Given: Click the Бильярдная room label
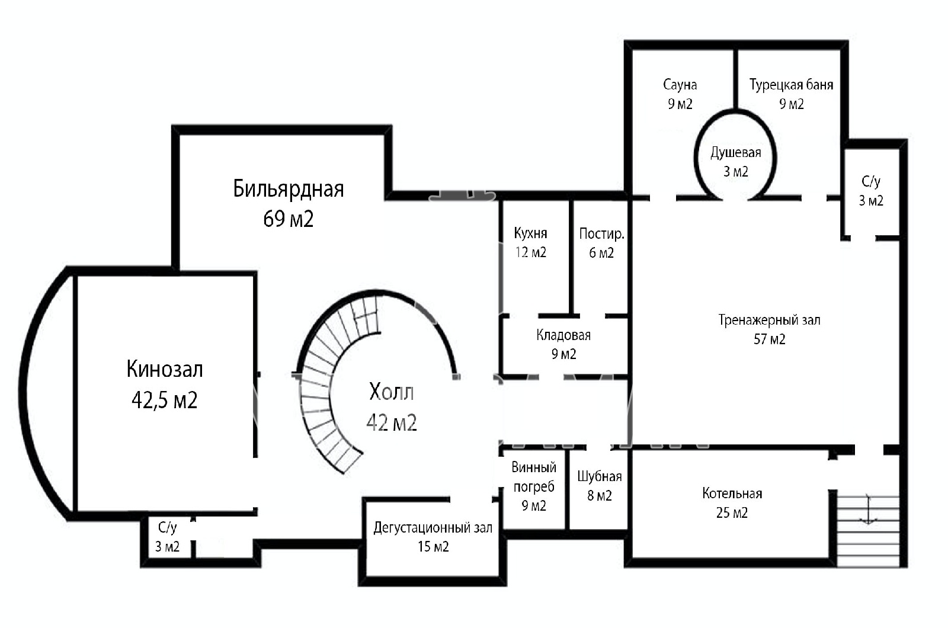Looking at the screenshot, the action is pos(288,189).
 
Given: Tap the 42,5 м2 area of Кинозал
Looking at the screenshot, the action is pos(164,400).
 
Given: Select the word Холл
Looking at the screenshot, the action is pos(392,392).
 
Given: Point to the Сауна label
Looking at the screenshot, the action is pos(680,85).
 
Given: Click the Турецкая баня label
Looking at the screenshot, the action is pos(791,85).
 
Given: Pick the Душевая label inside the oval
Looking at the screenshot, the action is pos(735,152).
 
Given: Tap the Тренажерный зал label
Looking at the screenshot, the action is pos(769,321).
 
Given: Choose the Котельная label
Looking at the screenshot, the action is pos(732,494).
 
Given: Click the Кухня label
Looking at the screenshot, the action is pos(530,233).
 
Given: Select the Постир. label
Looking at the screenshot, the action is pos(601,233).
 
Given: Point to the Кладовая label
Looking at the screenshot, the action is pos(563,335).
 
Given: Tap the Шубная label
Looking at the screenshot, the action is pos(599,476).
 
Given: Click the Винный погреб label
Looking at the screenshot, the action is pos(534,477).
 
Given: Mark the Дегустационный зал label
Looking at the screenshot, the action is pos(433,528).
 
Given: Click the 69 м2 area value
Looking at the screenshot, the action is pos(288,219).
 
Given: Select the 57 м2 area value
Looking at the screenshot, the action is pos(769,339).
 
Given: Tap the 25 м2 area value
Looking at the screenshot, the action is pos(732,513).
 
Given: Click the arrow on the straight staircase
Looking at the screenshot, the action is pos(868,510).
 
